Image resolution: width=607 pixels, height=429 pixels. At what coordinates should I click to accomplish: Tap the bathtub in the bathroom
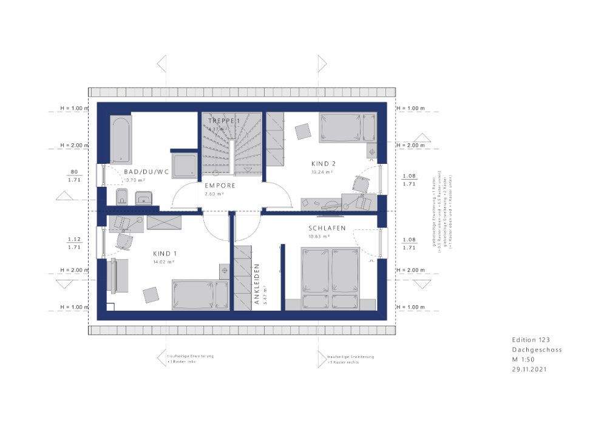click(x=120, y=140)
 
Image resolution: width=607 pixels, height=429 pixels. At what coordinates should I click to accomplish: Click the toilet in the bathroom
click(x=121, y=197)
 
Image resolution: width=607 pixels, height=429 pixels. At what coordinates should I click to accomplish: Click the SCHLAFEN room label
click(x=327, y=228)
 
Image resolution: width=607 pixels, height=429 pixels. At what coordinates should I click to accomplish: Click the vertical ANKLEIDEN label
click(x=257, y=283)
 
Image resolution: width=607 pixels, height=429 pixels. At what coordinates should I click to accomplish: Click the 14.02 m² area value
click(x=164, y=262)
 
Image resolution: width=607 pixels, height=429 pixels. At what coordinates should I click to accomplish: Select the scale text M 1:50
click(x=526, y=359)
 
